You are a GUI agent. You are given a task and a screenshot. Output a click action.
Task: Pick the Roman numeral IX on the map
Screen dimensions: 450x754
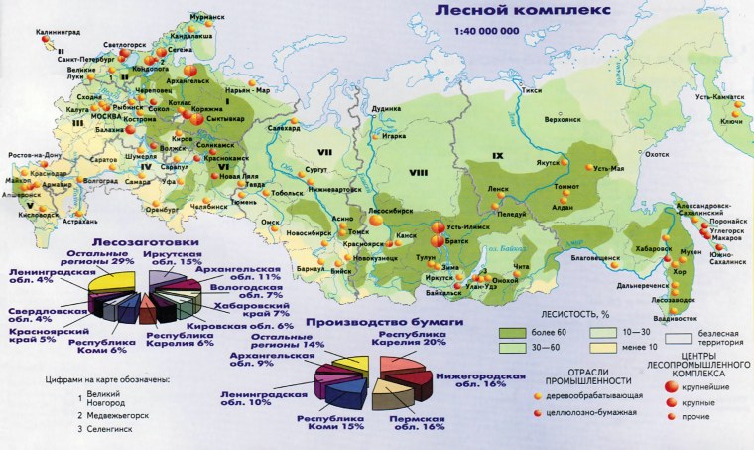[498, 156]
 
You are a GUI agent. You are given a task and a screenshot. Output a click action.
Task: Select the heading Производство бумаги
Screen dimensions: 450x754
[369, 323]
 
